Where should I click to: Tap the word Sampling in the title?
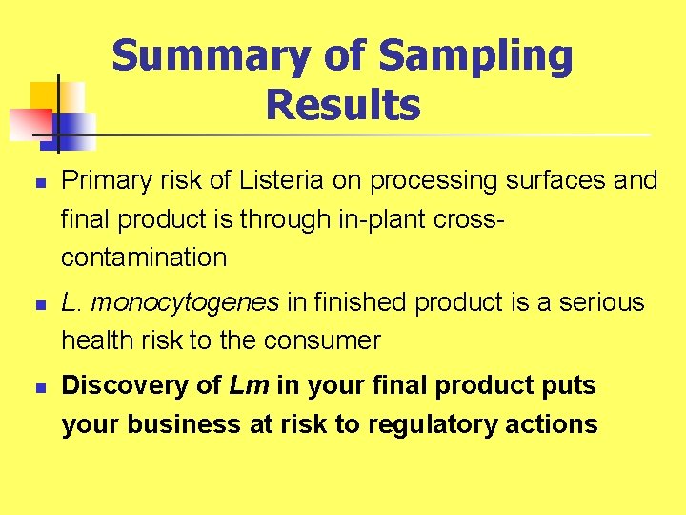tap(475, 57)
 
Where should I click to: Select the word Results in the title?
tap(343, 104)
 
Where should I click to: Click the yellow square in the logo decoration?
tap(48, 98)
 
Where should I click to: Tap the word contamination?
tap(144, 257)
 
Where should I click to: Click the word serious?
tap(603, 302)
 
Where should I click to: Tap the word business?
tap(178, 424)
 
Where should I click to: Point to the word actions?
tap(555, 424)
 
